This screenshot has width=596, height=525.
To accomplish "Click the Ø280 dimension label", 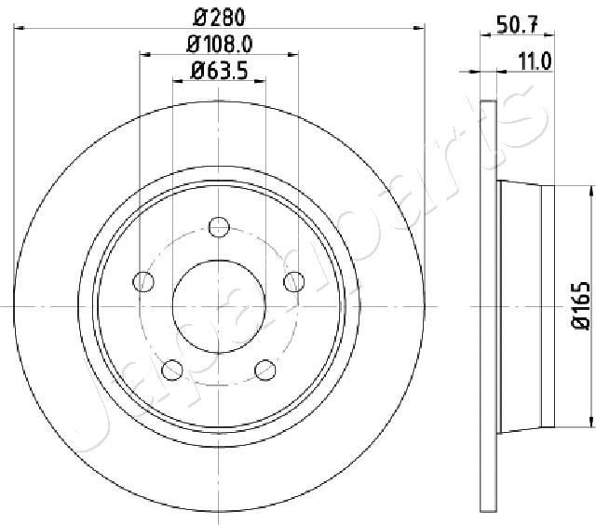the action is (x=219, y=17).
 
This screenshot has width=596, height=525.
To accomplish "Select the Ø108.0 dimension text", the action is (x=220, y=45).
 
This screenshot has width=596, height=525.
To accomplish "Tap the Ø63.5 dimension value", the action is (x=220, y=70).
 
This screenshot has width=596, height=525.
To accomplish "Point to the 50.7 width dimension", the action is (x=517, y=26).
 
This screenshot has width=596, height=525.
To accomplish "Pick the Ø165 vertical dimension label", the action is (x=580, y=305).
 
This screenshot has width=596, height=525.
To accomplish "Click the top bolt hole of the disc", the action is (x=219, y=227).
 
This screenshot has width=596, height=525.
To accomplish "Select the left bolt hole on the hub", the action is (x=143, y=282).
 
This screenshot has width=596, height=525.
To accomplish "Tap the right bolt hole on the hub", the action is (x=294, y=282).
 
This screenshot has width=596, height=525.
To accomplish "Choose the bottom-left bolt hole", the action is (x=172, y=370).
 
